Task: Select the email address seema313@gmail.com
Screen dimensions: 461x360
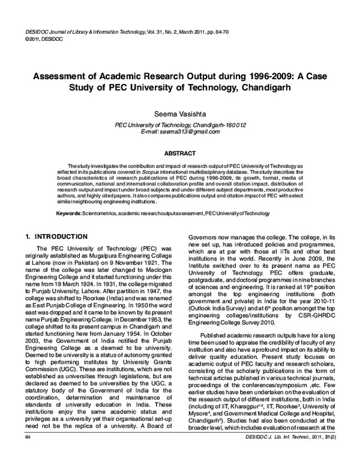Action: pos(172,131)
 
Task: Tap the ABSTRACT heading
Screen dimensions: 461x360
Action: pos(179,153)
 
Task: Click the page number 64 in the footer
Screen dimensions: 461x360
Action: pos(27,454)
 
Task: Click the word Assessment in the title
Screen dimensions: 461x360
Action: pos(59,77)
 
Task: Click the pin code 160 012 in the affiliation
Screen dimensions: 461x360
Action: pos(234,125)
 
